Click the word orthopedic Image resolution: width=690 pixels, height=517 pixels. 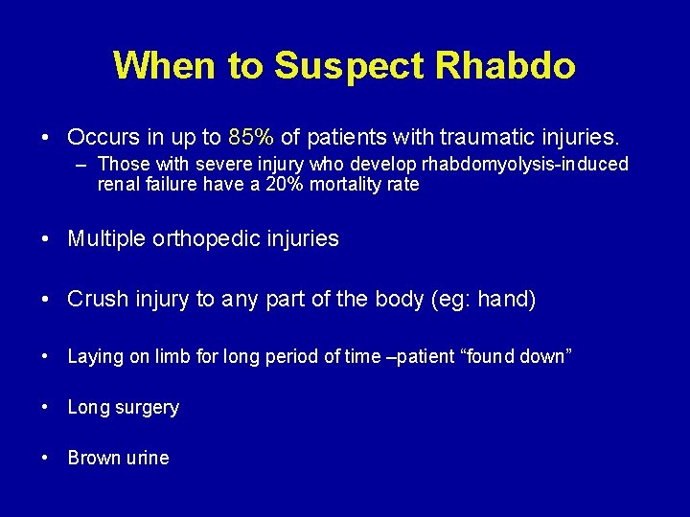coord(202,239)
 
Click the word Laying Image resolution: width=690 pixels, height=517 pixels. coord(96,357)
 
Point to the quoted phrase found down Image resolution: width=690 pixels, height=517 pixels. coord(516,357)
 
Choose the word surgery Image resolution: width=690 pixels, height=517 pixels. coord(144,408)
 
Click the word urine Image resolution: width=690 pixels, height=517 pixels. coord(146,458)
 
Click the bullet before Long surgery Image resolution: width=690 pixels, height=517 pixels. coord(46,408)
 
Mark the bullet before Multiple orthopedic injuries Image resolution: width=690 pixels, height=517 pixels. coord(46,239)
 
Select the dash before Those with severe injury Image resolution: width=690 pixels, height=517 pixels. coord(83,165)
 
